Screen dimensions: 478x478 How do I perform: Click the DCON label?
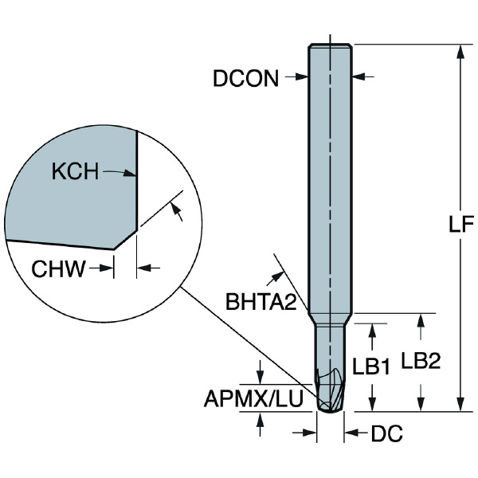pyautogui.click(x=246, y=78)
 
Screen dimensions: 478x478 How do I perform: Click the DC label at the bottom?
pyautogui.click(x=386, y=434)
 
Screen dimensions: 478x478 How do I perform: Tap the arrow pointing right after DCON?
pyautogui.click(x=301, y=77)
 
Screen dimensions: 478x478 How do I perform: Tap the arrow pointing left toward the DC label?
pyautogui.click(x=351, y=433)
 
